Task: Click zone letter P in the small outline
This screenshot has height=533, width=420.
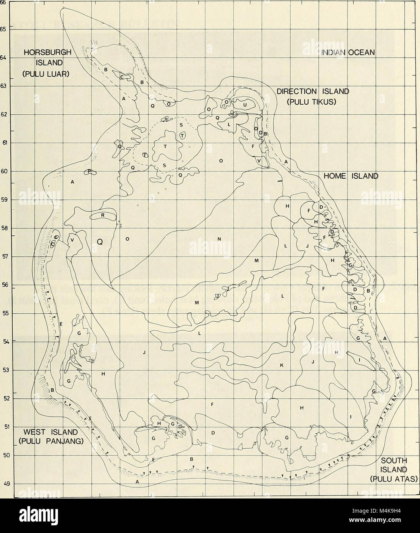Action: point(89,172)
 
